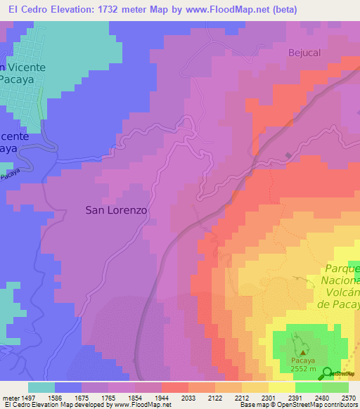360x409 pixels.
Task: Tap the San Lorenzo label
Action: (116, 209)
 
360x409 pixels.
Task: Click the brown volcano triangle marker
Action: (303, 353)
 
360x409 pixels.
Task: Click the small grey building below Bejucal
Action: (288, 155)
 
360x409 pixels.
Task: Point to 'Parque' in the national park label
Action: (342, 269)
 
